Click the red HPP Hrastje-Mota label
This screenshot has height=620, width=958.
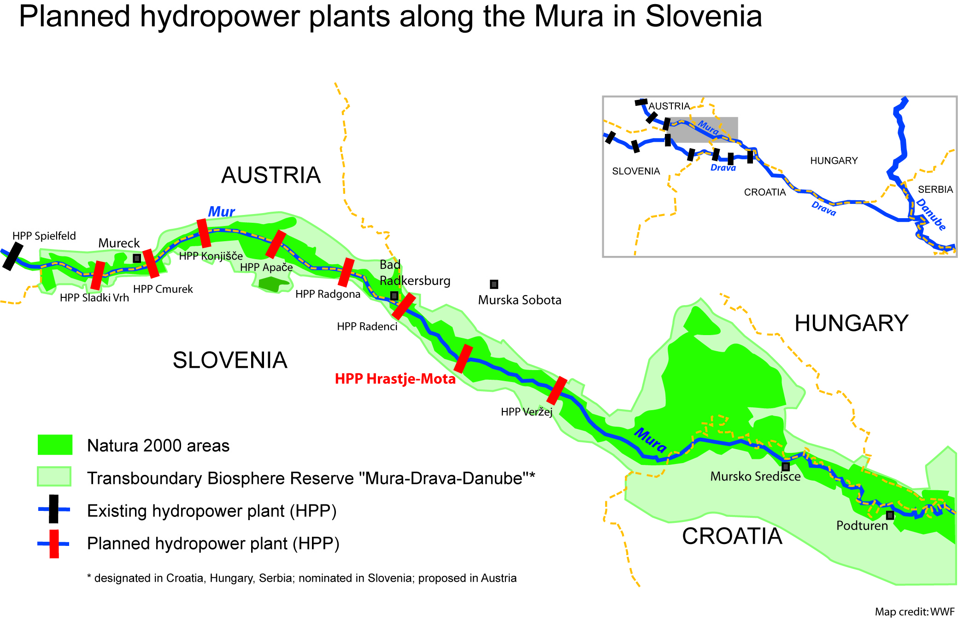395,379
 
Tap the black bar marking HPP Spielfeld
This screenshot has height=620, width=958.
12,256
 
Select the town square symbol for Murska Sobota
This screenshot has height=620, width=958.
494,284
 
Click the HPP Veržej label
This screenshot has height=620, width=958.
527,411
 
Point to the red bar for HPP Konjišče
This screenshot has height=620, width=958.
204,233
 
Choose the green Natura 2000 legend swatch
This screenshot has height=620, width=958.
55,445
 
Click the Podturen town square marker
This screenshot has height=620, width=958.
890,515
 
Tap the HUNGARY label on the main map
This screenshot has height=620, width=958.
851,323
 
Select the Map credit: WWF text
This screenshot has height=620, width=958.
915,612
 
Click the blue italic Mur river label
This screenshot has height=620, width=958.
221,212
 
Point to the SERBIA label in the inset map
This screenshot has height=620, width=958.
935,190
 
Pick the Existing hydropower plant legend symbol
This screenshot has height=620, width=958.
54,509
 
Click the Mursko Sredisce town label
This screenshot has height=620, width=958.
755,476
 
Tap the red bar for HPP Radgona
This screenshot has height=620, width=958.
346,272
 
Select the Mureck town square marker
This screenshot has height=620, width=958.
137,258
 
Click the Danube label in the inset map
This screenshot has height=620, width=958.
931,214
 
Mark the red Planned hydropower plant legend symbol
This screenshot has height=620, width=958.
54,544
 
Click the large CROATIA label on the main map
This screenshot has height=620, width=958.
732,536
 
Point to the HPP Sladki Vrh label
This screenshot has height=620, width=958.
94,298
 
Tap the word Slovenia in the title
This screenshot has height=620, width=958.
704,17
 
